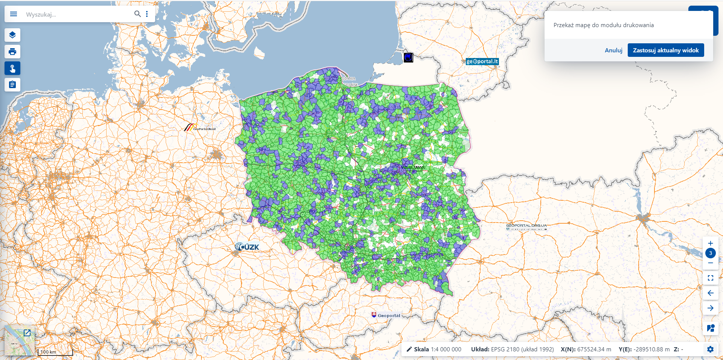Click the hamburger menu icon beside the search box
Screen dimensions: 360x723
pyautogui.click(x=14, y=14)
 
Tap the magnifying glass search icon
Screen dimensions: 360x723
pyautogui.click(x=137, y=14)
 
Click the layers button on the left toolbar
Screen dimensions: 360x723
pyautogui.click(x=12, y=35)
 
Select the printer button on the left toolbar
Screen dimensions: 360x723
pyautogui.click(x=12, y=52)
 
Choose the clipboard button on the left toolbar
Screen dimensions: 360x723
pyautogui.click(x=12, y=85)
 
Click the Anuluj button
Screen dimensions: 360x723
pyautogui.click(x=613, y=50)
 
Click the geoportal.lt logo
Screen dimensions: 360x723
pyautogui.click(x=482, y=61)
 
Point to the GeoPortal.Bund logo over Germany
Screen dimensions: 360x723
pyautogui.click(x=200, y=128)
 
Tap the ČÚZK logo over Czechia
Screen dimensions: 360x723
pyautogui.click(x=247, y=247)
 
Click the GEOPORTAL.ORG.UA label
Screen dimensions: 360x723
pyautogui.click(x=526, y=226)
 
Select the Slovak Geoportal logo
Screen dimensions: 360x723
pyautogui.click(x=386, y=316)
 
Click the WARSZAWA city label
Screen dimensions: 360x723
pyautogui.click(x=413, y=168)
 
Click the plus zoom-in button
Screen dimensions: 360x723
pyautogui.click(x=711, y=243)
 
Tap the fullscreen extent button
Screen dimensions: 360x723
pyautogui.click(x=711, y=278)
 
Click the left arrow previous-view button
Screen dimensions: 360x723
pyautogui.click(x=711, y=293)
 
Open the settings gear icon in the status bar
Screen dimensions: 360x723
pyautogui.click(x=710, y=349)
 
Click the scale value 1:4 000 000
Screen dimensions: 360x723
pyautogui.click(x=446, y=349)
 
